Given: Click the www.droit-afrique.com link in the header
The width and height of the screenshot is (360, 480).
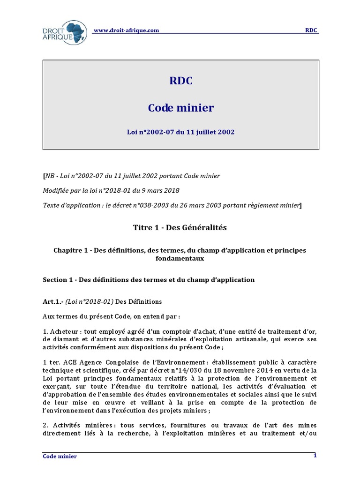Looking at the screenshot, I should pyautogui.click(x=127, y=30).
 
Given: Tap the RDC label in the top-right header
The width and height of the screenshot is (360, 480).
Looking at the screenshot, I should pyautogui.click(x=311, y=30).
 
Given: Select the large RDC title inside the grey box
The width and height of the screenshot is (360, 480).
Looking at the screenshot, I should pyautogui.click(x=180, y=81).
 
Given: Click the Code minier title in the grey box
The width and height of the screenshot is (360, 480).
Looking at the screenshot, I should pyautogui.click(x=180, y=108).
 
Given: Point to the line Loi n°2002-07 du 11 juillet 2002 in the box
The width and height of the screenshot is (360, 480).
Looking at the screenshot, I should pyautogui.click(x=180, y=132).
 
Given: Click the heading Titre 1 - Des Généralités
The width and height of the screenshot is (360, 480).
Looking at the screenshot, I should pyautogui.click(x=180, y=227).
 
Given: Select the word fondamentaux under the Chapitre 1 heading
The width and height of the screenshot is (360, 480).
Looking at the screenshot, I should pyautogui.click(x=180, y=258).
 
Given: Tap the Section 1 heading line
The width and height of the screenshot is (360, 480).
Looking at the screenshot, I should pyautogui.click(x=149, y=280).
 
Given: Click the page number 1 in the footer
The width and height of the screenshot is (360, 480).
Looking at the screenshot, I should pyautogui.click(x=315, y=456).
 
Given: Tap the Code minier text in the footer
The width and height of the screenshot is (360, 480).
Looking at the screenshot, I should pyautogui.click(x=60, y=456).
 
